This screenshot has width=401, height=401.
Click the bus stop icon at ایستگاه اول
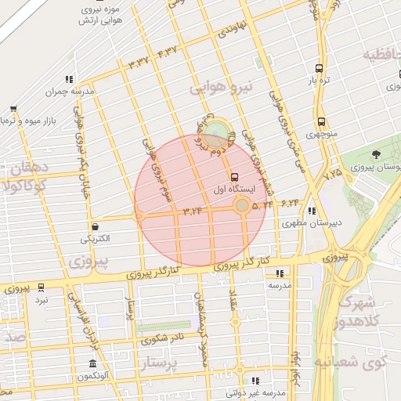(234, 175)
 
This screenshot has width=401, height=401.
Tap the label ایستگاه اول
(233, 189)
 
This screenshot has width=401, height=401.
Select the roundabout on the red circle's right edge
(242, 205)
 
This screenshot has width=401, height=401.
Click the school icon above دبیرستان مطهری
(312, 210)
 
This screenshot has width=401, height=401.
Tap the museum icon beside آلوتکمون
(92, 364)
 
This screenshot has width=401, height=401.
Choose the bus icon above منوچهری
(321, 121)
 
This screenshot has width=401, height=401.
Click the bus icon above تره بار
(318, 68)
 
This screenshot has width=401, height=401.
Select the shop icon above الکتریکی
(94, 226)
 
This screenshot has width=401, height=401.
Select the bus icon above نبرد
(41, 287)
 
